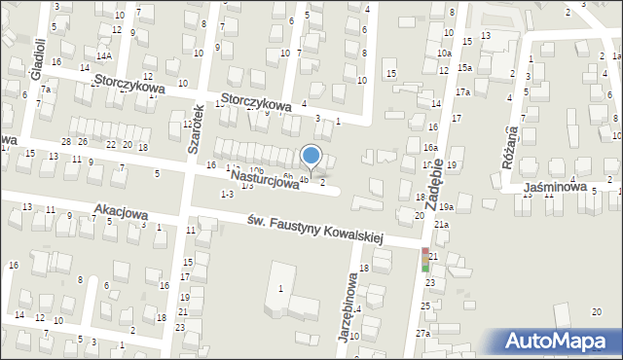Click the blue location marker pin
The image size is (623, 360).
point(311,157)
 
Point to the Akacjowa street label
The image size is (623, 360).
point(120,210)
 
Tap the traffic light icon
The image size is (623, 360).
point(424,259)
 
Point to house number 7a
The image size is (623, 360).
point(45,89)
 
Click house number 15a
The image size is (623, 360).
point(465,67)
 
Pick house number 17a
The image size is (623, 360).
point(463,92)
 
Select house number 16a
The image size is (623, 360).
point(429,147)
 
